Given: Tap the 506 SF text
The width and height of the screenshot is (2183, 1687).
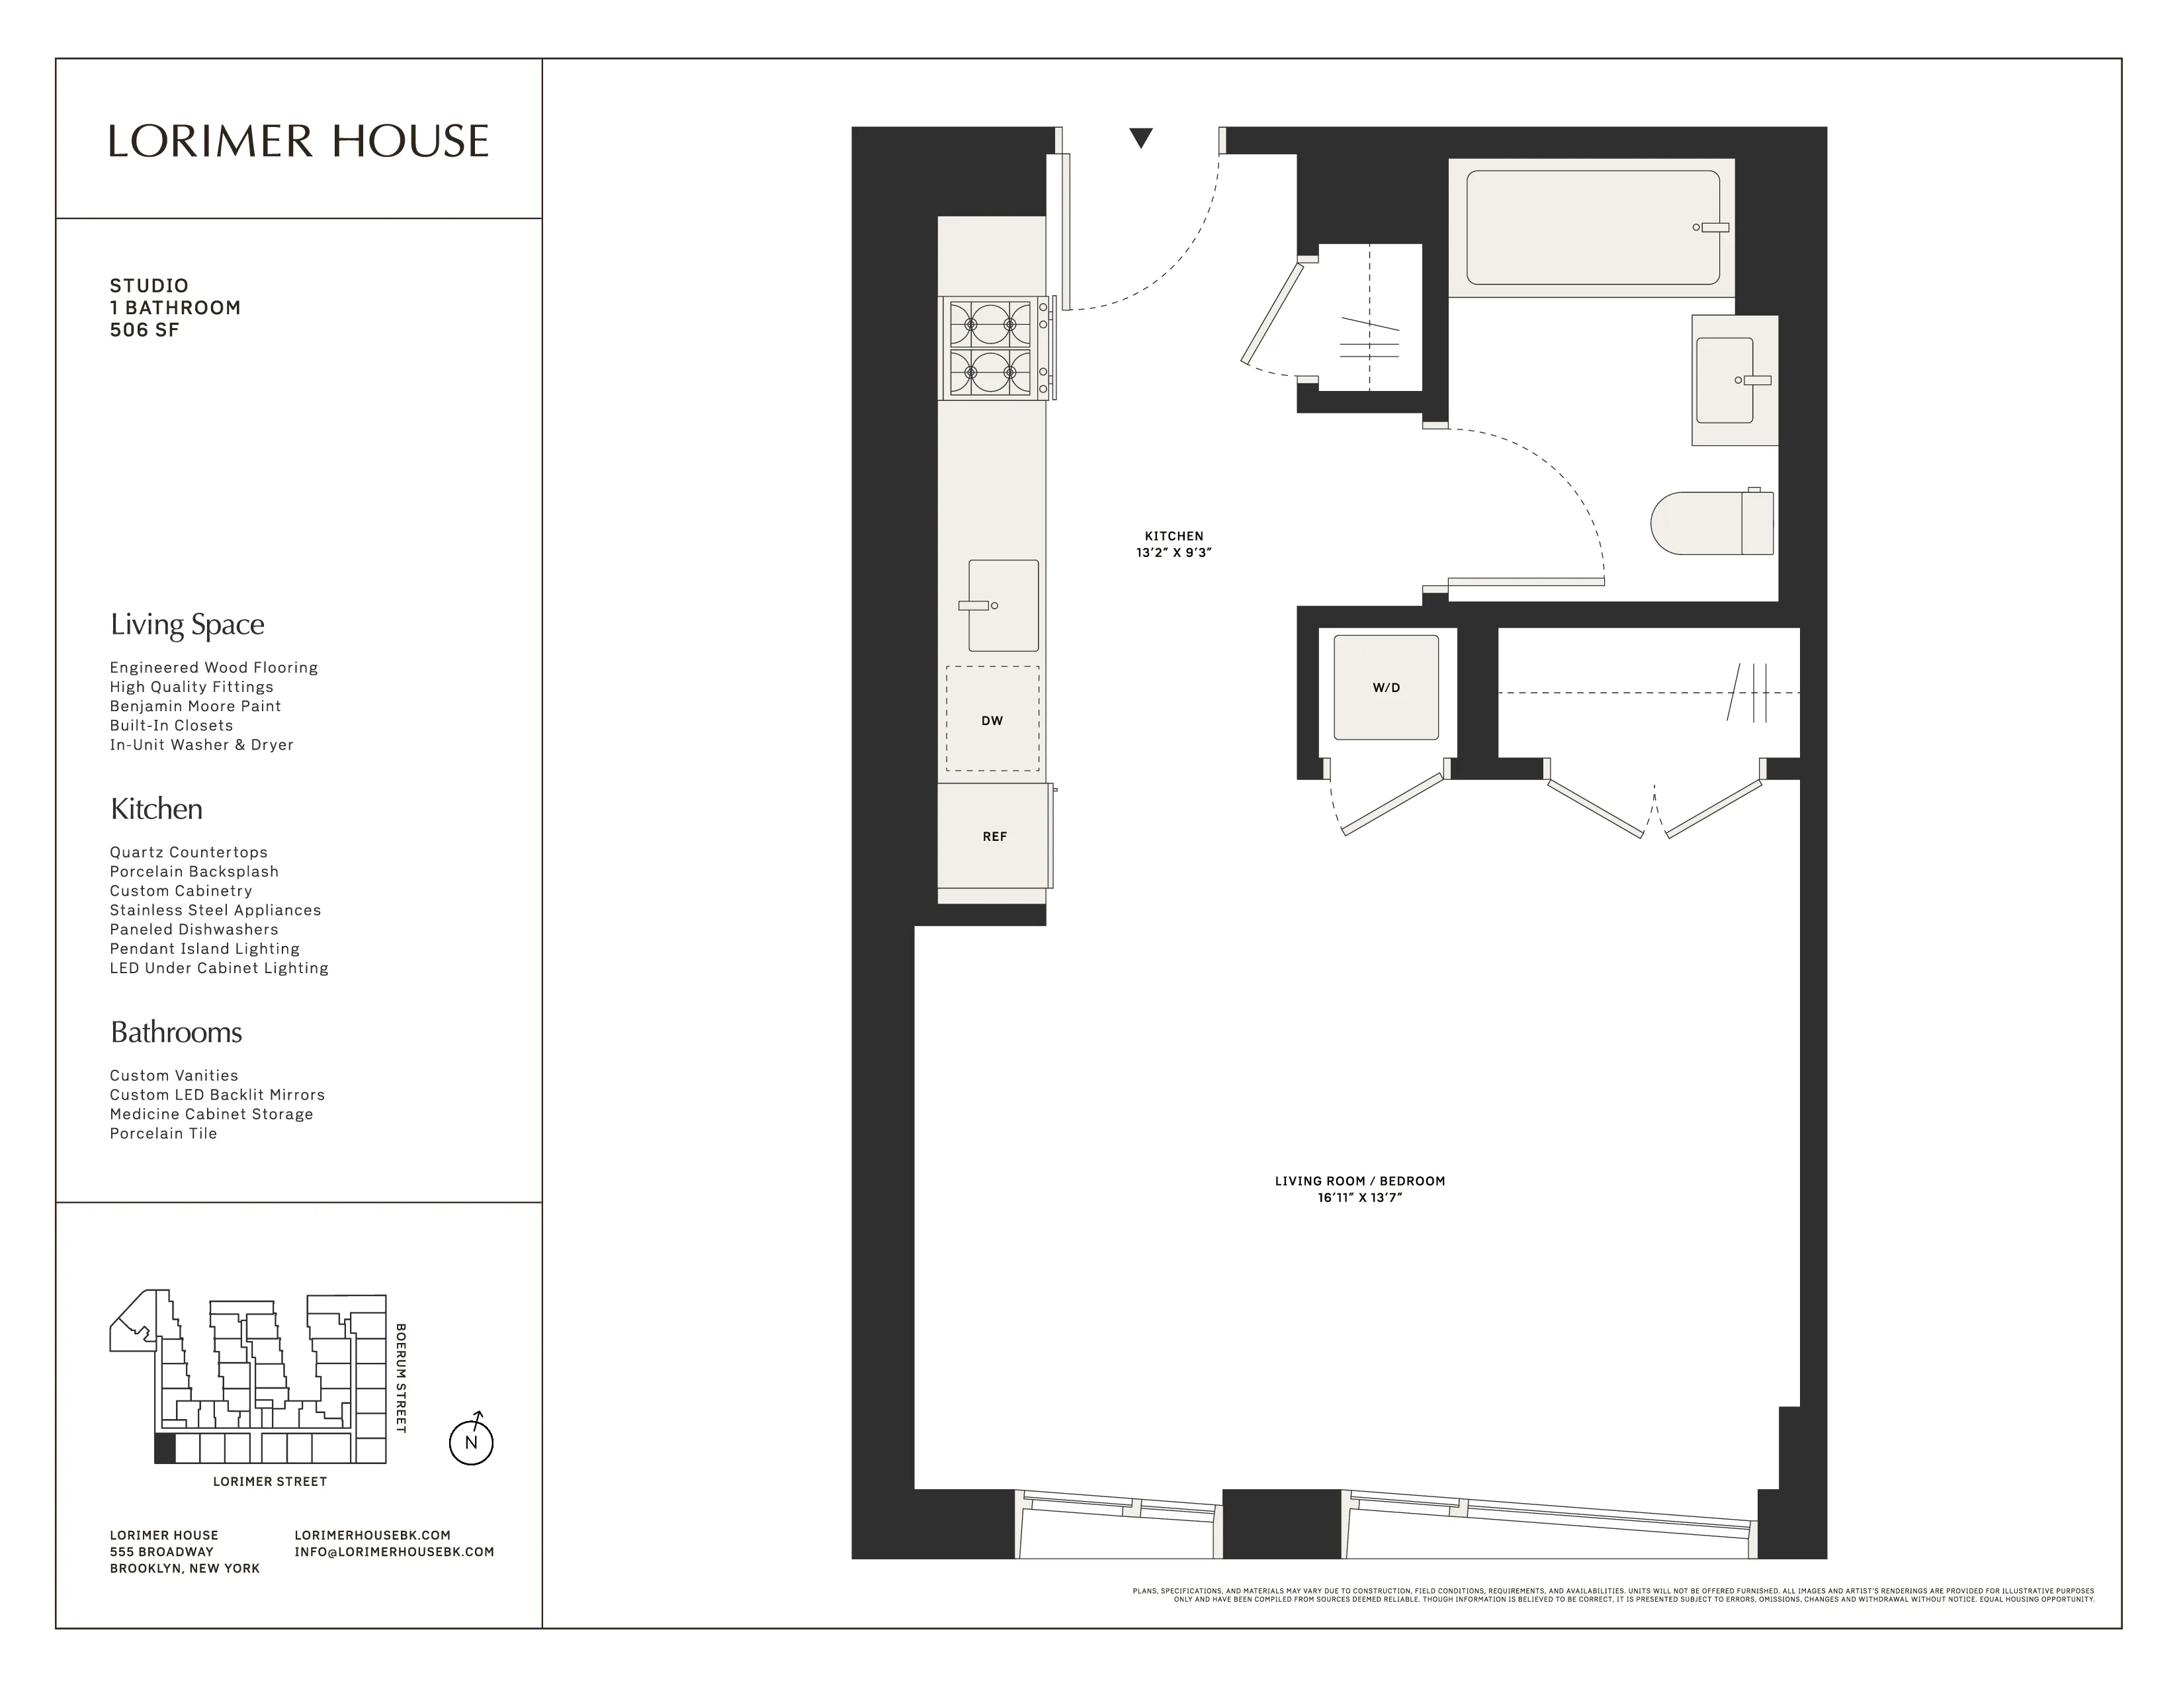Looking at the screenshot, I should [x=144, y=330].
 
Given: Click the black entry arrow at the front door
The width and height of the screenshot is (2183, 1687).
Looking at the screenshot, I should [x=1140, y=138].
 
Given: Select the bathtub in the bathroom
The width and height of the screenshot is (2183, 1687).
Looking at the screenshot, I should [x=1591, y=227].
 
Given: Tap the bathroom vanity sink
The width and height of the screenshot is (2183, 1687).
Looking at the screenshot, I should [x=1725, y=380].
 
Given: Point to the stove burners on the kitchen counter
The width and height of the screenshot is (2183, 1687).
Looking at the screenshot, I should [x=990, y=349].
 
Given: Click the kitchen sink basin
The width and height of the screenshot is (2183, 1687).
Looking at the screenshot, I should [x=1003, y=605].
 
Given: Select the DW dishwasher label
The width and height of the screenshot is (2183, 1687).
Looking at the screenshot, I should [x=992, y=720].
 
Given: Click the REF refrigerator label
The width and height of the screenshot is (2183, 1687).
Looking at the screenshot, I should [x=994, y=836].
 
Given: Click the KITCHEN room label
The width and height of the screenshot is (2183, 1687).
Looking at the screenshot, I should [x=1174, y=536].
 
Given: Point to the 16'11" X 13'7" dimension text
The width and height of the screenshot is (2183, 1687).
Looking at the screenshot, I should [x=1359, y=1197].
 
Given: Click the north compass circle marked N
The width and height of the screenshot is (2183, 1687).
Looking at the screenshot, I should [x=471, y=1442].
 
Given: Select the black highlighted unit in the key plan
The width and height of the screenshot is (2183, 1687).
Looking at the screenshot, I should [x=164, y=1448].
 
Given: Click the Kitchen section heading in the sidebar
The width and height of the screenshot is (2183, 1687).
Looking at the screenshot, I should [x=156, y=808].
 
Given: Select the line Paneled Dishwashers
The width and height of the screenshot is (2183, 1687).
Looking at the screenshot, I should [x=194, y=930].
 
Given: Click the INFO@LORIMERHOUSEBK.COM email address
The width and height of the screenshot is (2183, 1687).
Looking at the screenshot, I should [x=394, y=1552].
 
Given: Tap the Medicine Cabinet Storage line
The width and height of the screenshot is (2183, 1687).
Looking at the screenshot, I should [x=211, y=1114].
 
